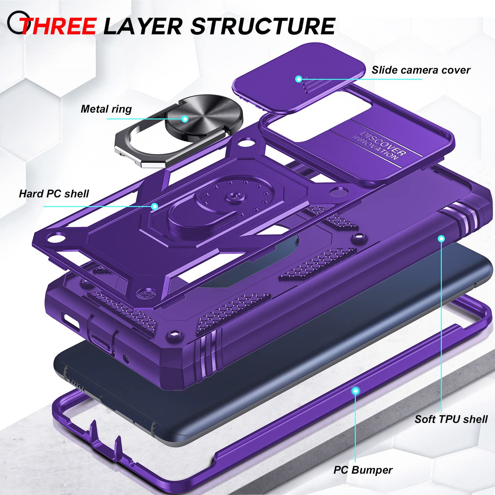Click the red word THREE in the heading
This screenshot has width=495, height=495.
click(x=59, y=26)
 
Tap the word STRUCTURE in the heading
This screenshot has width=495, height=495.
click(x=263, y=26)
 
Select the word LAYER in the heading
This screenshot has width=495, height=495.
click(x=143, y=26)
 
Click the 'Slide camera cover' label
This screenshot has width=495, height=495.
click(x=421, y=70)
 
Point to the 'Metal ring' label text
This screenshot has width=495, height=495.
click(x=106, y=109)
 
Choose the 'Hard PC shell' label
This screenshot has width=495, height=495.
click(x=54, y=194)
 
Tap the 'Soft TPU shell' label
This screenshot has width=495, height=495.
click(x=451, y=419)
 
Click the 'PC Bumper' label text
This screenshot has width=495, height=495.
click(x=363, y=470)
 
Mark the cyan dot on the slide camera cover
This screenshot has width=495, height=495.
click(x=298, y=79)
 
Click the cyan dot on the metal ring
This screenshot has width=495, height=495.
click(x=185, y=119)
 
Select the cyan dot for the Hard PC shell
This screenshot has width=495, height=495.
click(x=155, y=206)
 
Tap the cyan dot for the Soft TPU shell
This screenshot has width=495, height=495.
click(x=441, y=239)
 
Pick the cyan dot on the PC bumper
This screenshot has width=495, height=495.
click(x=356, y=391)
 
